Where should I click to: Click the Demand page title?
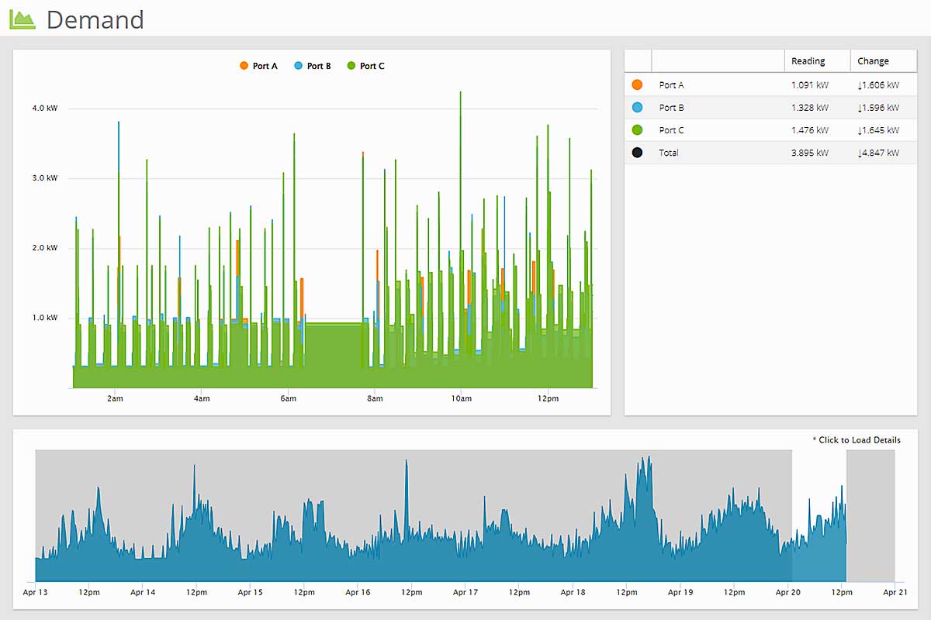(x=95, y=19)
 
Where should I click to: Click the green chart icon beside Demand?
(x=22, y=19)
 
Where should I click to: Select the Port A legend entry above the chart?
(x=259, y=66)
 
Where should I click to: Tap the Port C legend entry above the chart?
(x=366, y=66)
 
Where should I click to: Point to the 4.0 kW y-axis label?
(x=45, y=108)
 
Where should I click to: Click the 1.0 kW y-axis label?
(x=45, y=318)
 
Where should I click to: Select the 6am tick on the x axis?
(x=288, y=399)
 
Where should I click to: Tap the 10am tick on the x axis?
(x=461, y=399)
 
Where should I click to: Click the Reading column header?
(x=808, y=61)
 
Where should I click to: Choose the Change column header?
(x=873, y=61)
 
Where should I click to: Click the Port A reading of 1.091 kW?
(x=809, y=85)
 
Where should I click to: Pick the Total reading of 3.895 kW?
(x=809, y=153)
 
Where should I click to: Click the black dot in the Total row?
(x=638, y=153)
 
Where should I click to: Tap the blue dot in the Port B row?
(x=638, y=108)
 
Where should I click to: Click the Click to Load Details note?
(x=857, y=440)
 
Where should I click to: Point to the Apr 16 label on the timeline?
(x=358, y=593)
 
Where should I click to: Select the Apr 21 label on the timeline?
(x=895, y=593)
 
